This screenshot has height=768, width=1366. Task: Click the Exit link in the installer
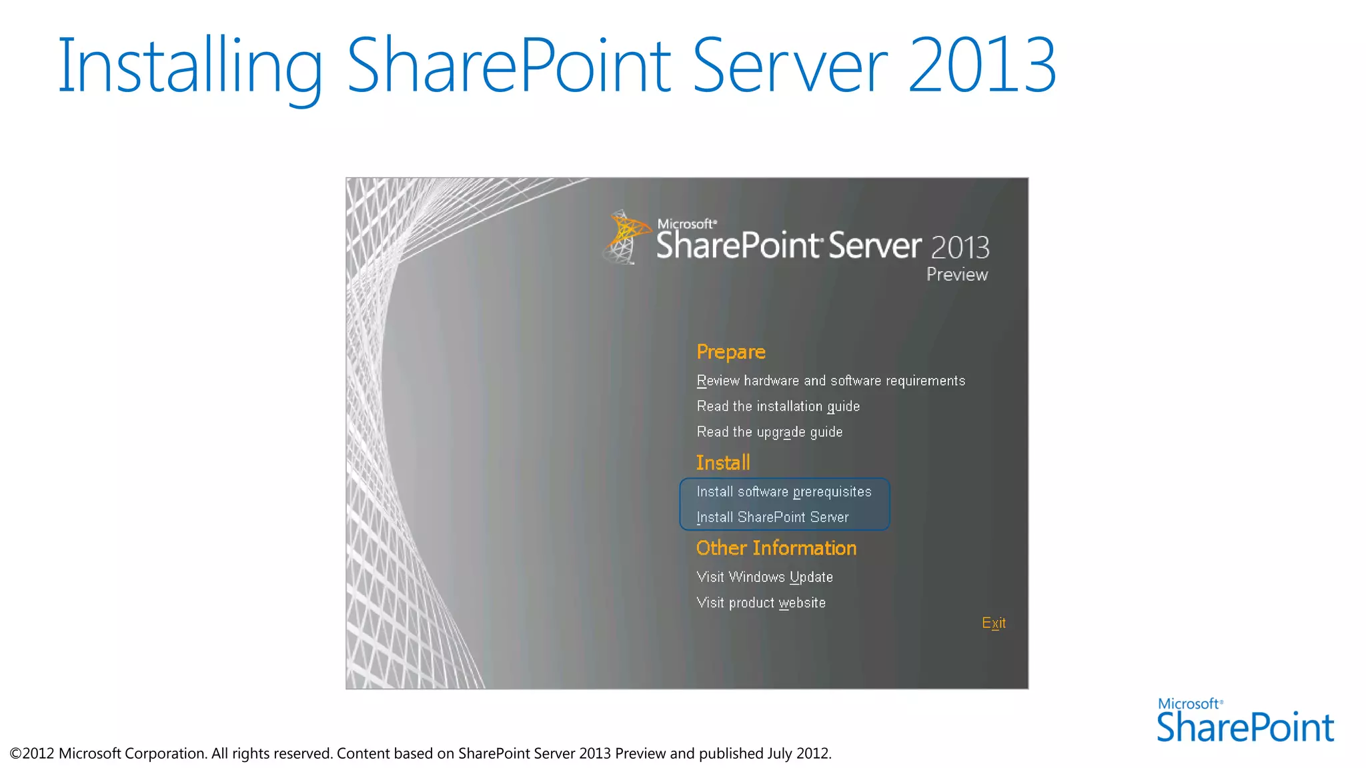993,623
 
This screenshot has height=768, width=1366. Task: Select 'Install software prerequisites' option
784,492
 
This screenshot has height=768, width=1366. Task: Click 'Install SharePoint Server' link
772,517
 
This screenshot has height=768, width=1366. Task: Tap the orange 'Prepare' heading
730,352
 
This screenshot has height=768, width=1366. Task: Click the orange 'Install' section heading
723,463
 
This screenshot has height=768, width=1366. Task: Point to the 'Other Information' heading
776,548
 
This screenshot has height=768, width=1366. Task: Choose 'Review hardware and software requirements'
830,381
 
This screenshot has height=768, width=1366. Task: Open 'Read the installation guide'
778,406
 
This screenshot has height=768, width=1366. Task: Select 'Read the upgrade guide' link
769,432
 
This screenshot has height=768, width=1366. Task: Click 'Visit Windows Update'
764,577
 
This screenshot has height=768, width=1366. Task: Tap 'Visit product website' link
761,603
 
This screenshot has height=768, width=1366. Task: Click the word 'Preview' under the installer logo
956,275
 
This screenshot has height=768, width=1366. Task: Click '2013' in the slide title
982,65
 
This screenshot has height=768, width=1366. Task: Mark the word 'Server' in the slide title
790,65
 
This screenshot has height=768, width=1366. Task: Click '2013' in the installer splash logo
960,248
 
